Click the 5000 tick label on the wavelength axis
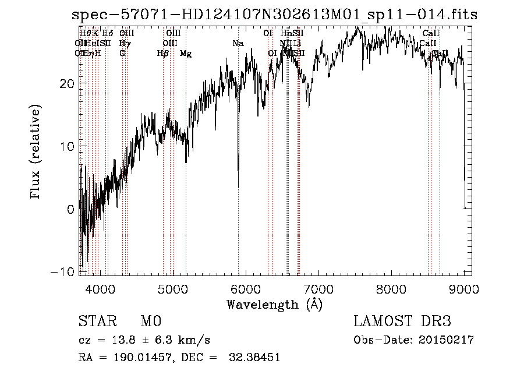pyautogui.click(x=173, y=288)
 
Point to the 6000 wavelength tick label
pyautogui.click(x=246, y=288)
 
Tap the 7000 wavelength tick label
pyautogui.click(x=318, y=288)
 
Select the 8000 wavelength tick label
pyautogui.click(x=391, y=288)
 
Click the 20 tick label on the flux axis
pyautogui.click(x=67, y=83)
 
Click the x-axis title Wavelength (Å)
pyautogui.click(x=274, y=304)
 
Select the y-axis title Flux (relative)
pyautogui.click(x=36, y=153)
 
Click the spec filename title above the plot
pyautogui.click(x=274, y=15)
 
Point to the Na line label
pyautogui.click(x=238, y=44)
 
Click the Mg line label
pyautogui.click(x=186, y=54)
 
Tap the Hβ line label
pyautogui.click(x=163, y=54)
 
